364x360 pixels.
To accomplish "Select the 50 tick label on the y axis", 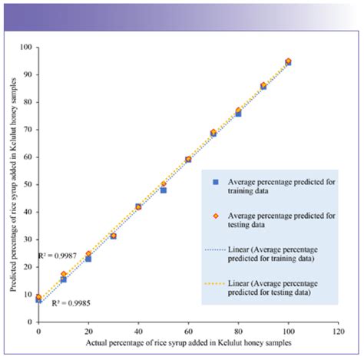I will [27, 184].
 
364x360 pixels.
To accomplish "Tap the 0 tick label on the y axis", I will [29, 322].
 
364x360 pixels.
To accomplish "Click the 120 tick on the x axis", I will [338, 331].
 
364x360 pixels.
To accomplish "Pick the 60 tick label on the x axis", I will [188, 331].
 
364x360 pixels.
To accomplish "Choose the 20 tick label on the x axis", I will [88, 331].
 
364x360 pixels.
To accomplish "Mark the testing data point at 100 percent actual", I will [288, 61].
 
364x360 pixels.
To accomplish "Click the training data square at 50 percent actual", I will [164, 190].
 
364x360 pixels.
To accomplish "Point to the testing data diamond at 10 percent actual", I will [64, 274].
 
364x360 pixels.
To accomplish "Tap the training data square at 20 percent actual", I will [88, 259].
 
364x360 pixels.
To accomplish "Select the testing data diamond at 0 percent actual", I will [38, 296].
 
